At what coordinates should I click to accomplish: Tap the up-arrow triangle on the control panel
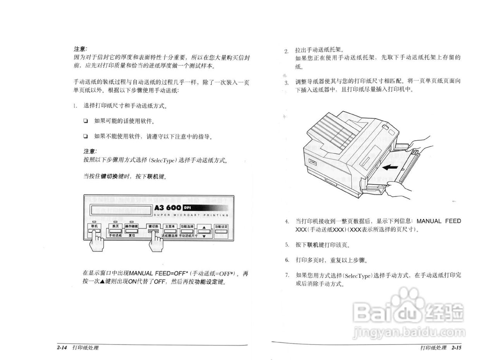click(204, 227)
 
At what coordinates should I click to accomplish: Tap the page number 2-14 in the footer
click(62, 348)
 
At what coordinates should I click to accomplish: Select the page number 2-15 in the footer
click(456, 348)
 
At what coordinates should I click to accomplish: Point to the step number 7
click(287, 275)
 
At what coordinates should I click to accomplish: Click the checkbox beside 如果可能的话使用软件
click(86, 121)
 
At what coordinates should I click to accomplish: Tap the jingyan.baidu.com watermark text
click(409, 332)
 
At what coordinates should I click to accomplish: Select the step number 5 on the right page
click(287, 245)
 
